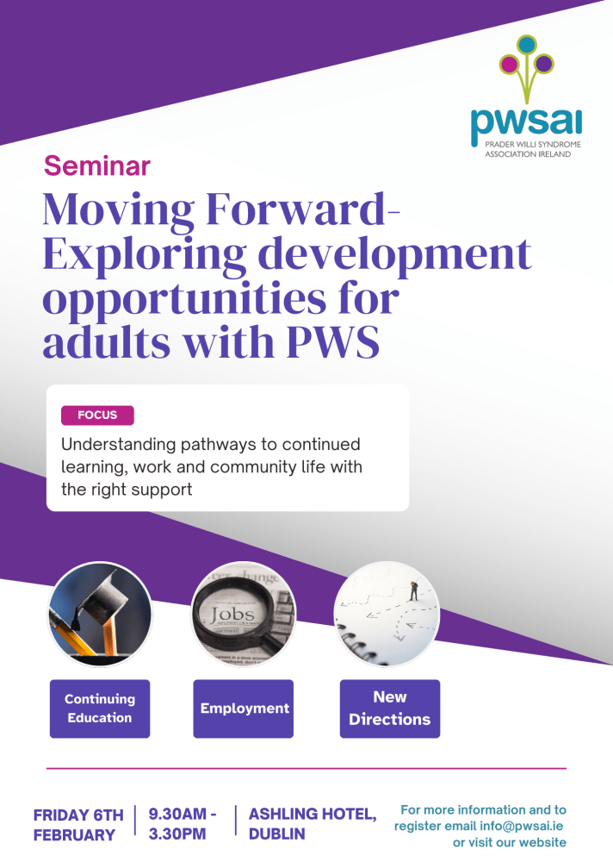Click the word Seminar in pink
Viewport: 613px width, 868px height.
(x=96, y=165)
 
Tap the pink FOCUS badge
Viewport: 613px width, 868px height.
(x=97, y=415)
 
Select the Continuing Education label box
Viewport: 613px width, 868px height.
(x=100, y=709)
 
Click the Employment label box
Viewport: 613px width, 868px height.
(x=243, y=709)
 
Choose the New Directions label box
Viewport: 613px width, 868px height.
(x=390, y=709)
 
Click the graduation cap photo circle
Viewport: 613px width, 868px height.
(x=100, y=614)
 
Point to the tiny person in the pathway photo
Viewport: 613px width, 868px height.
(x=413, y=590)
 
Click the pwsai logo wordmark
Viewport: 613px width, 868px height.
(x=526, y=124)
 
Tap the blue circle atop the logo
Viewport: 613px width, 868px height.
(x=527, y=44)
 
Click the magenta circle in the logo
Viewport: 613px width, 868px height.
(x=509, y=64)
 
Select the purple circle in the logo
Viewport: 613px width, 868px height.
(x=544, y=64)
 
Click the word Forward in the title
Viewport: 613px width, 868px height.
(x=295, y=209)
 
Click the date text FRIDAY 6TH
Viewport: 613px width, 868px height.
(x=78, y=815)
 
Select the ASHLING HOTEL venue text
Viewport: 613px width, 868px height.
(x=313, y=814)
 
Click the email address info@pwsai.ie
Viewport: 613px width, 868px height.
(x=521, y=826)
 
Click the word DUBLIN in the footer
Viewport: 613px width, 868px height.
(x=277, y=834)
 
